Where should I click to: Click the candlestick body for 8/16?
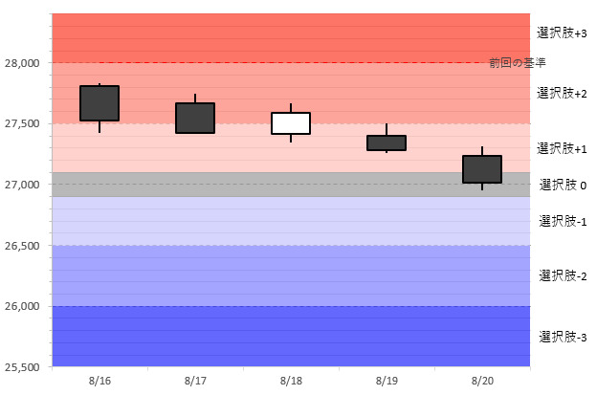[x=99, y=103]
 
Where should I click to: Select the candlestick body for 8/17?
[x=195, y=118]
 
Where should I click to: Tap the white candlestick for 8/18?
[x=291, y=123]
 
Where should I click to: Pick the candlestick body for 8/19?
[x=387, y=143]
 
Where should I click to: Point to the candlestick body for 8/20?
[x=482, y=168]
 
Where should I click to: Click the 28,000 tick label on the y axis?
[x=22, y=63]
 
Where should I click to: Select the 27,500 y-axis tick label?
[x=22, y=124]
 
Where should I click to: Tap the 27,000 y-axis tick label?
[x=22, y=185]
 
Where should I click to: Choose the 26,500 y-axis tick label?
[x=22, y=246]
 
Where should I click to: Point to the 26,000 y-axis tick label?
[x=22, y=307]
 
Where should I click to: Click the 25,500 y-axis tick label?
[x=22, y=367]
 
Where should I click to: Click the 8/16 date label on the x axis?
[x=99, y=381]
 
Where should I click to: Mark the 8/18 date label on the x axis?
[x=291, y=381]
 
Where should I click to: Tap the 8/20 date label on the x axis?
[x=482, y=381]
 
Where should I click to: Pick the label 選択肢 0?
[x=563, y=185]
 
